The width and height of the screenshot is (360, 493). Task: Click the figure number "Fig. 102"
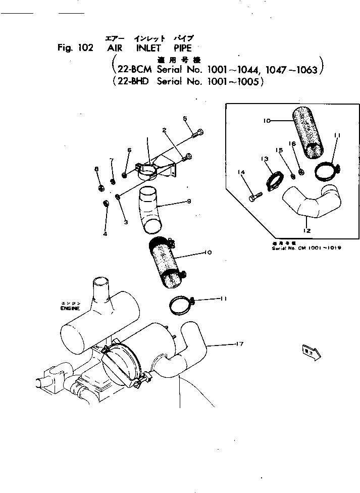pos(75,48)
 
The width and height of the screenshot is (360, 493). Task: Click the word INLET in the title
pos(148,48)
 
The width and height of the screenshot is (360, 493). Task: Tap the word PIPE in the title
pos(182,48)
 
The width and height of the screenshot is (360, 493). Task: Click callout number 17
pos(240,344)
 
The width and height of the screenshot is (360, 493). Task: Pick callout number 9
pos(188,202)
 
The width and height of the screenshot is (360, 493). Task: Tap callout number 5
pos(185,119)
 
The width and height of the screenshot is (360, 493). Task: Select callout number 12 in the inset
pos(306,231)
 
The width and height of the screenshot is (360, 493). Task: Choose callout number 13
pos(265,159)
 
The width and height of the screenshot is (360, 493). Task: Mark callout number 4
pos(105,234)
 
